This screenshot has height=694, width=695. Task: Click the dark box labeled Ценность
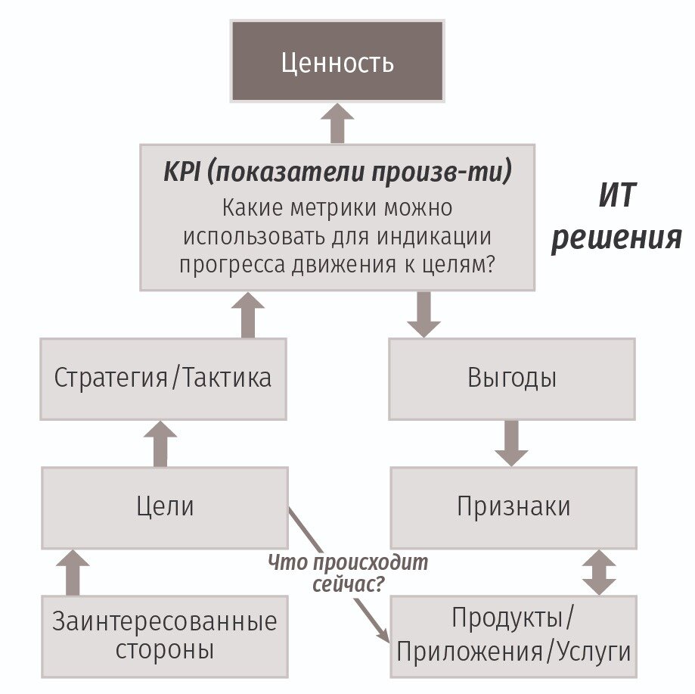point(337,61)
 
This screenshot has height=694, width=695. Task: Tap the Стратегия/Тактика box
point(163,378)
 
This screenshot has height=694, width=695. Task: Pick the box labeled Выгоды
point(512,378)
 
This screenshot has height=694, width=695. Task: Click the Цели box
point(165,506)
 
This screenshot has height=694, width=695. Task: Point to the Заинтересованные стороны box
point(164,636)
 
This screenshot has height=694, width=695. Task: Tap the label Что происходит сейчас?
point(348,573)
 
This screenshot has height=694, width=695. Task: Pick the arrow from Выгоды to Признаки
point(512,443)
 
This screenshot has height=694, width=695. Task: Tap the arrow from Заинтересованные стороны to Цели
point(73,573)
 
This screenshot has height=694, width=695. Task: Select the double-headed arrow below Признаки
point(599,572)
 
